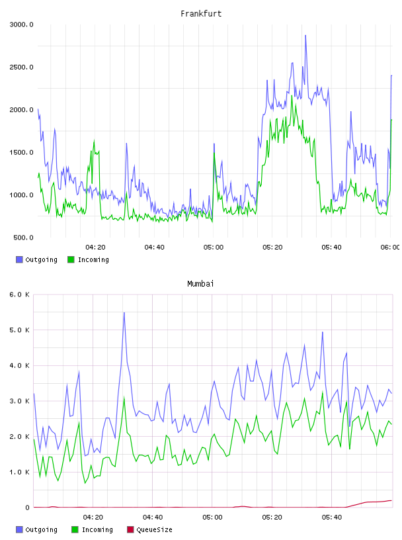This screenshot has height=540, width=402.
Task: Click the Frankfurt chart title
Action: tap(201, 14)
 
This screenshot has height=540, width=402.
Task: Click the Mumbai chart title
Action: tap(200, 284)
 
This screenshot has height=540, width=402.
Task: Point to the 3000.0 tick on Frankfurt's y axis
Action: tap(21, 24)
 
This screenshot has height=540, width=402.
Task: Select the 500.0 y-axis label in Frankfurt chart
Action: tap(23, 238)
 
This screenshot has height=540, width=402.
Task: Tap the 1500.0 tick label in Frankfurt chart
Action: tap(21, 152)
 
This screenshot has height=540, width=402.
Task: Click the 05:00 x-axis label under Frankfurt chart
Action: tap(214, 247)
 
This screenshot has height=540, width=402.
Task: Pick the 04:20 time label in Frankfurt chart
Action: tap(95, 247)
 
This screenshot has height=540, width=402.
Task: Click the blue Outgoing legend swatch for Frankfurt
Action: tap(19, 259)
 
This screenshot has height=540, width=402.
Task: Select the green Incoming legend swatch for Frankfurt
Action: tap(71, 259)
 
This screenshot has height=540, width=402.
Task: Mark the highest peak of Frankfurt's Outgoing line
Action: tap(305, 35)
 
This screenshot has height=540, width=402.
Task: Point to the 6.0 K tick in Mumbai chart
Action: tap(19, 294)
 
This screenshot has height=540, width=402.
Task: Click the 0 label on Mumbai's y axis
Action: tap(27, 508)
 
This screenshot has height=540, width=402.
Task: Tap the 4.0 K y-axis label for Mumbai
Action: tap(19, 365)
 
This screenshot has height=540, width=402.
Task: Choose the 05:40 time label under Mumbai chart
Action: tap(332, 517)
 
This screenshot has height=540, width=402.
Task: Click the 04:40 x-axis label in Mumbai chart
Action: tap(153, 517)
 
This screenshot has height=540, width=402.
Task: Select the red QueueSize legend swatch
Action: tap(130, 529)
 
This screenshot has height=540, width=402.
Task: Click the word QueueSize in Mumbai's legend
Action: tap(154, 529)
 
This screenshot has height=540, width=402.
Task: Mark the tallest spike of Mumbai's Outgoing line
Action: tap(124, 312)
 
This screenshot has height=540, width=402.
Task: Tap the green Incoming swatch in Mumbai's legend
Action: tap(75, 529)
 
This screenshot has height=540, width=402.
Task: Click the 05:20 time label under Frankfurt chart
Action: tap(272, 247)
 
